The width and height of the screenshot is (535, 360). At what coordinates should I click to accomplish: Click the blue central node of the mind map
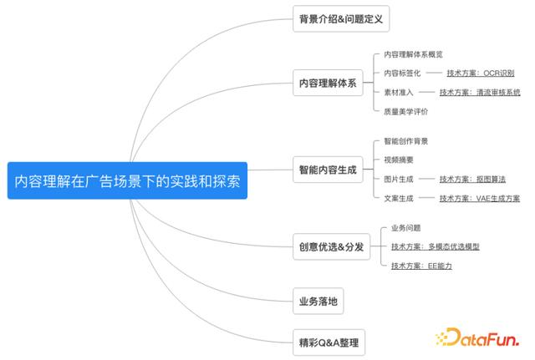click(x=127, y=180)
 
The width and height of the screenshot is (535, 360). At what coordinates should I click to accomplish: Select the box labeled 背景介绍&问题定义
click(x=341, y=18)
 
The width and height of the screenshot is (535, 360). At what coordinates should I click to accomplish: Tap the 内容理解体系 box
click(x=328, y=83)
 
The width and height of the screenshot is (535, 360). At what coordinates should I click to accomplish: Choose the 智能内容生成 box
click(x=328, y=170)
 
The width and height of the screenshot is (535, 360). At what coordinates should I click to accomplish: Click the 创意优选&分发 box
click(x=331, y=246)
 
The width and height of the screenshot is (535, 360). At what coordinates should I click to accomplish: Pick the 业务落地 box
click(x=318, y=301)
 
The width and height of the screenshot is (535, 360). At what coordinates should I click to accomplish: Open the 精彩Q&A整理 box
click(x=329, y=342)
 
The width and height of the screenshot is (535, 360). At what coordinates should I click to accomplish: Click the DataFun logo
click(x=477, y=337)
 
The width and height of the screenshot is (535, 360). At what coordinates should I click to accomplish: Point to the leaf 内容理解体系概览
click(x=413, y=54)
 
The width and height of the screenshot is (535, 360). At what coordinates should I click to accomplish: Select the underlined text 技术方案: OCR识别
click(x=481, y=73)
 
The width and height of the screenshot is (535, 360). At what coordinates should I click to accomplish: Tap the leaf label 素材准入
click(x=399, y=92)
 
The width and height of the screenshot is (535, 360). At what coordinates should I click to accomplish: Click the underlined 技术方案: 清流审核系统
click(x=480, y=92)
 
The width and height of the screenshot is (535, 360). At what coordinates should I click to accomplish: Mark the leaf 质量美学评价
click(x=405, y=111)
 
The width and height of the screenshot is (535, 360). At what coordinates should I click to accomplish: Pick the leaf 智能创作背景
click(x=405, y=141)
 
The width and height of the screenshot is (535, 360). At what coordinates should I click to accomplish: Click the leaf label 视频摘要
click(x=399, y=160)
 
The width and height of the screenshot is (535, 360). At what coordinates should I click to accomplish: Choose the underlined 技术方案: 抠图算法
click(x=472, y=179)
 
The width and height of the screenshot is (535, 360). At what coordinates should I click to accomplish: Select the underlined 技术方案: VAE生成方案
click(x=480, y=198)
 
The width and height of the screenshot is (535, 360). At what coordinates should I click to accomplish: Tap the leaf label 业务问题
click(x=405, y=228)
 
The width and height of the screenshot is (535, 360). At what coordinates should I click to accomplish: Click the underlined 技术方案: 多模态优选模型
click(x=436, y=246)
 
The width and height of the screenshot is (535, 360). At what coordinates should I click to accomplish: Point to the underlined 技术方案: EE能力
click(x=421, y=266)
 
